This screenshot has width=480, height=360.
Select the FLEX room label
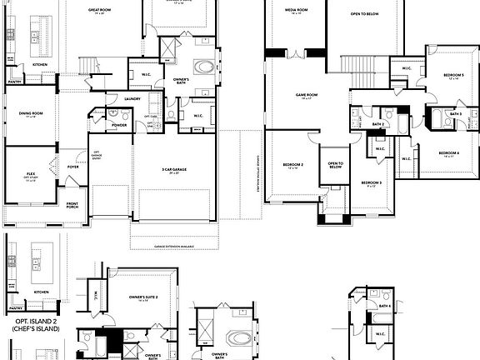pyautogui.click(x=31, y=175)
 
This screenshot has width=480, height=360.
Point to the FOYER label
pyautogui.click(x=73, y=167)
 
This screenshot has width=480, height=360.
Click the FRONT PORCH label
pyautogui.click(x=72, y=206)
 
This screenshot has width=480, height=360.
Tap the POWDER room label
pyautogui.click(x=119, y=125)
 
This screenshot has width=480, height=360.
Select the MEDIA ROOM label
pyautogui.click(x=292, y=10)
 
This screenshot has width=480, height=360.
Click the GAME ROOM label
pyautogui.click(x=307, y=95)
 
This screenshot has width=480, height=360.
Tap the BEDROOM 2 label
pyautogui.click(x=292, y=165)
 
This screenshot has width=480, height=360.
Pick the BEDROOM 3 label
pyautogui.click(x=372, y=182)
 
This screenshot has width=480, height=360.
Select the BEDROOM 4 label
pyautogui.click(x=448, y=152)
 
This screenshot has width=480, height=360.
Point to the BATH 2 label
pyautogui.click(x=377, y=124)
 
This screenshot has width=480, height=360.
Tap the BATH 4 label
pyautogui.click(x=384, y=306)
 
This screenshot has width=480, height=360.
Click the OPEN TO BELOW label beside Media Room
pyautogui.click(x=366, y=14)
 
